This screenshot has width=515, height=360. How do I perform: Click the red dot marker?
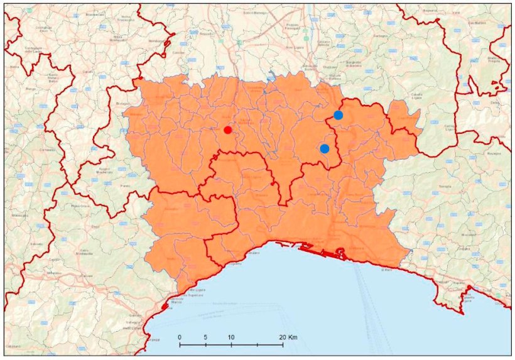(227, 130)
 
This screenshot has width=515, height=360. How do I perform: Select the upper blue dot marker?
(338, 115)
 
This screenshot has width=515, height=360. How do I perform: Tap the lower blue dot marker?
(324, 148)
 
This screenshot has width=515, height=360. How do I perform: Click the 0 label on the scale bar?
(180, 337)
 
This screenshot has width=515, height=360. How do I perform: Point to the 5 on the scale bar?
(205, 337)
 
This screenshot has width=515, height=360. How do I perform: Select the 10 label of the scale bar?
(231, 337)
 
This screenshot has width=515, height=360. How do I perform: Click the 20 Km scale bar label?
(288, 337)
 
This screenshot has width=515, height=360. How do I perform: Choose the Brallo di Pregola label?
(497, 60)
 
